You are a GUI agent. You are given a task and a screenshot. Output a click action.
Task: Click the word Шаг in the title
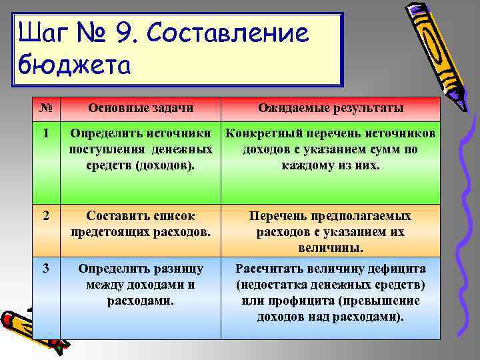tap(43, 33)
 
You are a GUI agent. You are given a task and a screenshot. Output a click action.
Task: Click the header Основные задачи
tap(141, 108)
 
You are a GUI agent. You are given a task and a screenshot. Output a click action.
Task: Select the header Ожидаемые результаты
tap(331, 108)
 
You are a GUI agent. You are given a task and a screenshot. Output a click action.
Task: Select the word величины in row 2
tap(330, 248)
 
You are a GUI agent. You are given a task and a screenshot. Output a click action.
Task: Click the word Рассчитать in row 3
tap(269, 269)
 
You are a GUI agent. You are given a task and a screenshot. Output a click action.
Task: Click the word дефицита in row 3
tap(393, 269)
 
